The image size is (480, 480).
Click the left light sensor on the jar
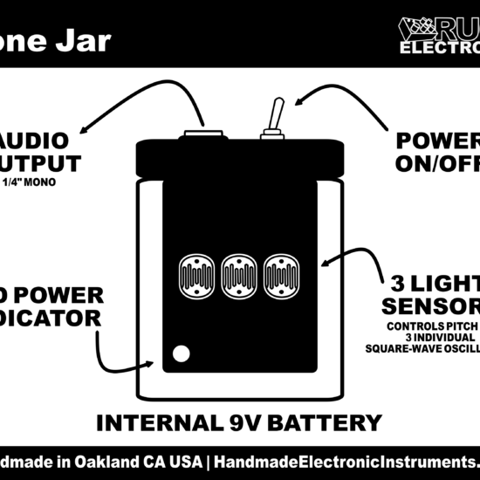pos(195,275)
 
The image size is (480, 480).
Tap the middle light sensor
pos(237,275)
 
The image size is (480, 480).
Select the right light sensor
pos(280,275)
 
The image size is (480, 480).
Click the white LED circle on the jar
pos(182,353)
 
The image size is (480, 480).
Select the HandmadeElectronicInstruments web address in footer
pos(345,461)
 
